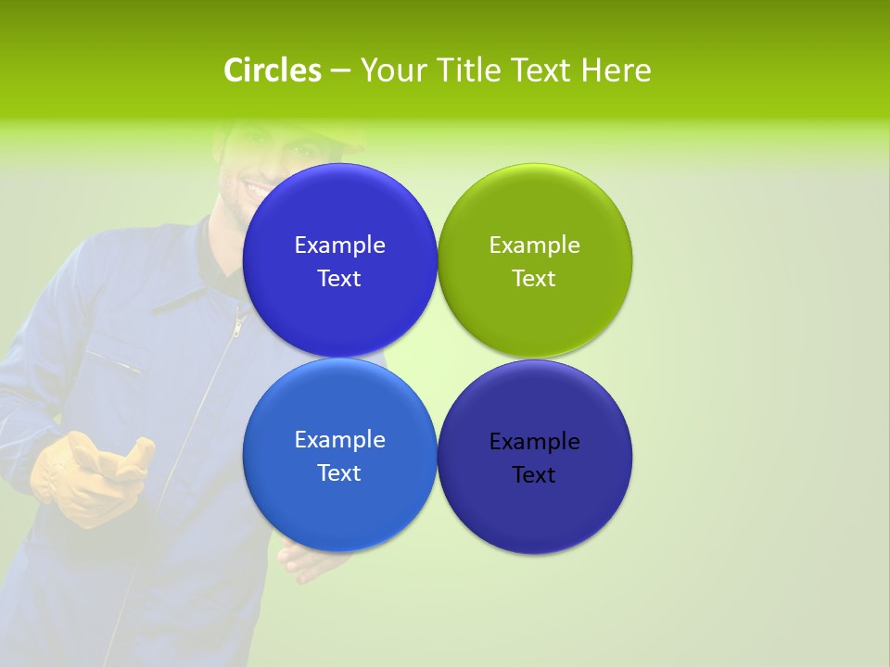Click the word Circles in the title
pyautogui.click(x=272, y=70)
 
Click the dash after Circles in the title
pyautogui.click(x=339, y=71)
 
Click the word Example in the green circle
pyautogui.click(x=535, y=245)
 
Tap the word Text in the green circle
pyautogui.click(x=535, y=278)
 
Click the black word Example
pyautogui.click(x=535, y=441)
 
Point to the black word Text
pyautogui.click(x=535, y=474)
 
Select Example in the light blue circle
pyautogui.click(x=339, y=439)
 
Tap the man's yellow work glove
pyautogui.click(x=88, y=477)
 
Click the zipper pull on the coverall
pyautogui.click(x=238, y=327)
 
